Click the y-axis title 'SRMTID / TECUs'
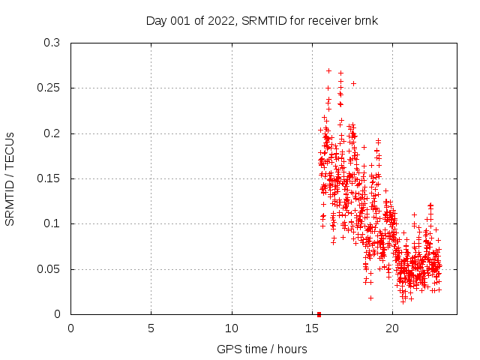pyautogui.click(x=10, y=178)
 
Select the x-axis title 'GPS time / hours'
pyautogui.click(x=262, y=349)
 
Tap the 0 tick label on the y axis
pyautogui.click(x=58, y=314)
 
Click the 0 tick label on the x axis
pyautogui.click(x=71, y=328)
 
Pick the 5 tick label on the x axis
pyautogui.click(x=151, y=328)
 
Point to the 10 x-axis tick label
pyautogui.click(x=232, y=328)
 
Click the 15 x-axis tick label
pyautogui.click(x=312, y=328)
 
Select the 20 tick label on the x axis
pyautogui.click(x=392, y=328)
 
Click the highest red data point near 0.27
pyautogui.click(x=328, y=70)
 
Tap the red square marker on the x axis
pyautogui.click(x=319, y=314)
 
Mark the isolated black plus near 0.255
pyautogui.click(x=353, y=83)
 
